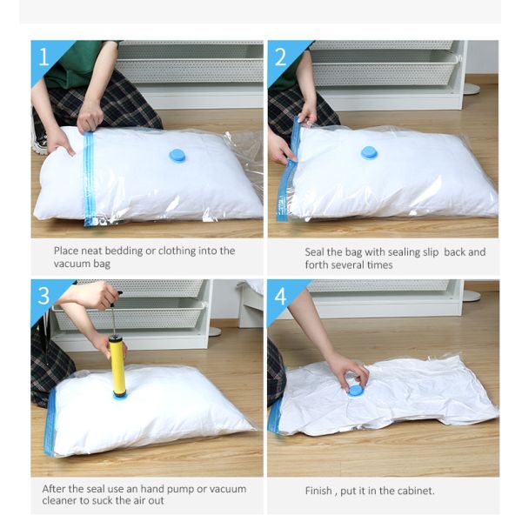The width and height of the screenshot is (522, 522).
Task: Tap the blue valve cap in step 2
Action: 369,153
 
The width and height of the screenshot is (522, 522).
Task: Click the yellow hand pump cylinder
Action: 117,365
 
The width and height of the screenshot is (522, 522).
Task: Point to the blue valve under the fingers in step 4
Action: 356,390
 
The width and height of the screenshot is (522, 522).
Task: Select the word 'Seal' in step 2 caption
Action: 314,252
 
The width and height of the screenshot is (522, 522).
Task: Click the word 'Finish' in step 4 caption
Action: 318,491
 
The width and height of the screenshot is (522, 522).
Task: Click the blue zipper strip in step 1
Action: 89,178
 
